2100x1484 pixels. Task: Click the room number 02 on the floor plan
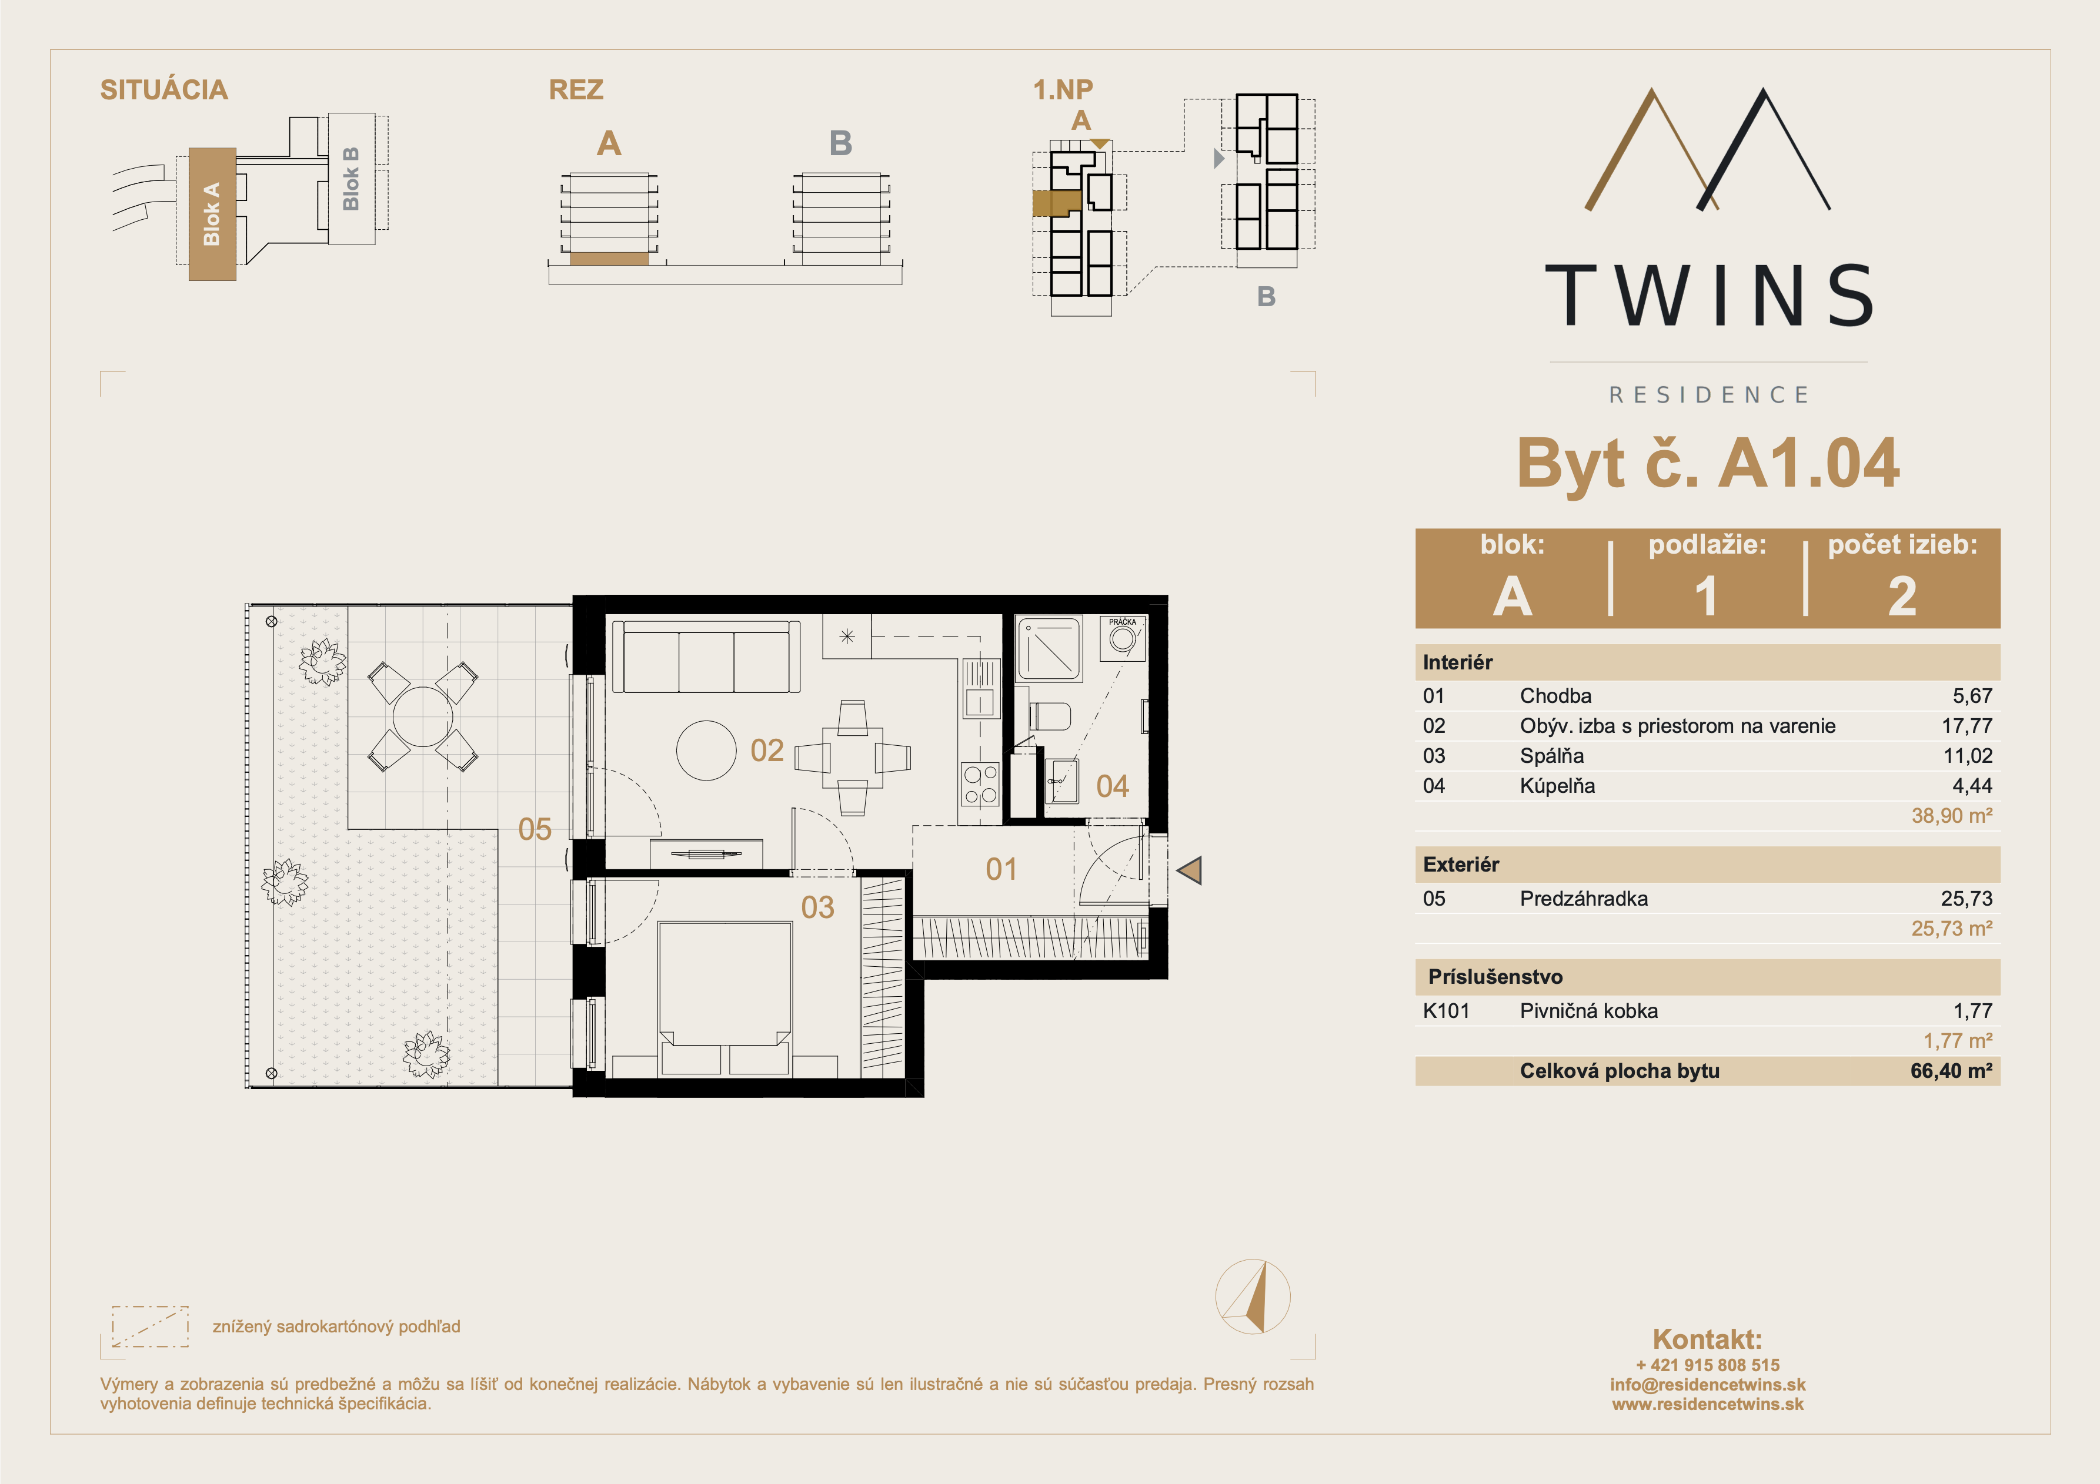[x=766, y=751]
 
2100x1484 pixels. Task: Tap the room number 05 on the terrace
[x=535, y=829]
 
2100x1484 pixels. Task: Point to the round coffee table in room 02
[x=706, y=751]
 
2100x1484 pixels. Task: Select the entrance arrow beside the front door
[x=1189, y=870]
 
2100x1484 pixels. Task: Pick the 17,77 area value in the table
[x=1967, y=726]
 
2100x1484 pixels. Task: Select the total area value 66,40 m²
[x=1951, y=1071]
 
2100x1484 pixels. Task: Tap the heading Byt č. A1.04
[x=1708, y=464]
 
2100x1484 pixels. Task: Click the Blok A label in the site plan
[x=211, y=214]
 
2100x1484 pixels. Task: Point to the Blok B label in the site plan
[x=350, y=178]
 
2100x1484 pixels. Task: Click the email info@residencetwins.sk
[x=1708, y=1384]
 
